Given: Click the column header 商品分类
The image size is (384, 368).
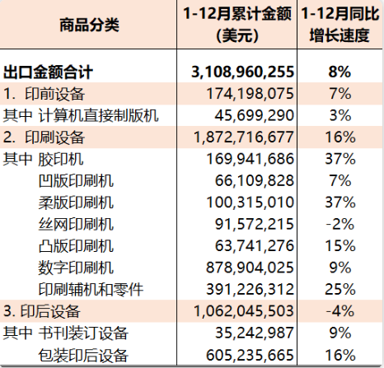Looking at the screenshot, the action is pyautogui.click(x=89, y=25).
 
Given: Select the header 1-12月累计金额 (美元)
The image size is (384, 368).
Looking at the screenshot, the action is pyautogui.click(x=237, y=25).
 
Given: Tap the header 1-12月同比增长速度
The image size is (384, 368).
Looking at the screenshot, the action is pyautogui.click(x=340, y=25).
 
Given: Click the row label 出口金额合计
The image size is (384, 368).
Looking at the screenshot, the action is pyautogui.click(x=48, y=72).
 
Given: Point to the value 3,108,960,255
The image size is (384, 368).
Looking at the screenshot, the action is pyautogui.click(x=243, y=72).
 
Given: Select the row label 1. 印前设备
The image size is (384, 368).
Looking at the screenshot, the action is pyautogui.click(x=44, y=94).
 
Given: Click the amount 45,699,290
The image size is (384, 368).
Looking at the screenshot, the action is pyautogui.click(x=255, y=115).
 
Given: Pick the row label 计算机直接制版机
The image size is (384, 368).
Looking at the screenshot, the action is pyautogui.click(x=98, y=115).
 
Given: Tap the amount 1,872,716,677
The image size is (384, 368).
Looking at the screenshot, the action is pyautogui.click(x=244, y=137).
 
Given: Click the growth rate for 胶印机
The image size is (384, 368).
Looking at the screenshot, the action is pyautogui.click(x=340, y=159).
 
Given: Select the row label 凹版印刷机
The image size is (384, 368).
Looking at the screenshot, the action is pyautogui.click(x=76, y=180).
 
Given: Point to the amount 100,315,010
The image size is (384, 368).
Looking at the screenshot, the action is pyautogui.click(x=251, y=203).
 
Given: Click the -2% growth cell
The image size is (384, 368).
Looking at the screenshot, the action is pyautogui.click(x=340, y=224).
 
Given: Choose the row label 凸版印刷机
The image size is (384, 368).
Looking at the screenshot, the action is pyautogui.click(x=76, y=246).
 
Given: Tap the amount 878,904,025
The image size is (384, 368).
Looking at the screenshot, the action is pyautogui.click(x=251, y=268).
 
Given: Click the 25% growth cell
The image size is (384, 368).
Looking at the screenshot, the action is pyautogui.click(x=340, y=289).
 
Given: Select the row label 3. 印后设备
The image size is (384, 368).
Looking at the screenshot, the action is pyautogui.click(x=42, y=311).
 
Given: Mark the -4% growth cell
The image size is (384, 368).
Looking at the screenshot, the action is pyautogui.click(x=340, y=311).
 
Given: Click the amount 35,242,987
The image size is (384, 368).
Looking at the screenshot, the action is pyautogui.click(x=255, y=333).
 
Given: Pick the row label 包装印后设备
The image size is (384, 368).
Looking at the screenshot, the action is pyautogui.click(x=83, y=355).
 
